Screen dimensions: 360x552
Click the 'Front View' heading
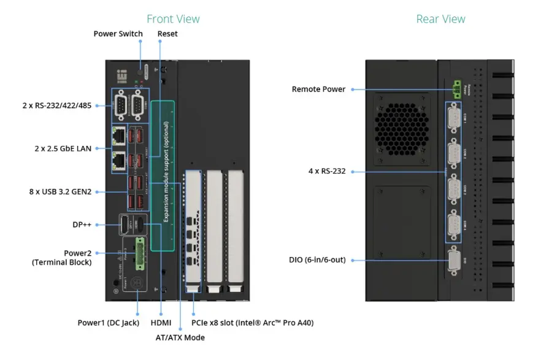pos(173,19)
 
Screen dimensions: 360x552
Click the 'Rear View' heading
pos(440,19)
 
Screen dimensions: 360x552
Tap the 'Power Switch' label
pos(118,34)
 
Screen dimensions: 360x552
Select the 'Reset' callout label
pos(167,34)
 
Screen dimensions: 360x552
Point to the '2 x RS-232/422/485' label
pos(56,105)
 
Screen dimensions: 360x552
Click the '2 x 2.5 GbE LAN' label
pos(63,148)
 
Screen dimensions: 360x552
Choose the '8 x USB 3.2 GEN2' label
pos(60,192)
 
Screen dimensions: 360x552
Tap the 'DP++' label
pos(82,225)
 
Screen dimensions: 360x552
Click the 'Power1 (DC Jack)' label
pos(108,323)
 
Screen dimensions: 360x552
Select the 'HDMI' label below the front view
pos(161,323)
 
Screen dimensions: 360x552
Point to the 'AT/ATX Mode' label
pos(180,337)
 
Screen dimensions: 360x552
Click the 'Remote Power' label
pos(318,90)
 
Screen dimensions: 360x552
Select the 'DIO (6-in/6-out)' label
pos(317,260)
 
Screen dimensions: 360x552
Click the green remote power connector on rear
pos(456,89)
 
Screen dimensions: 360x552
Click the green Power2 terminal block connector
pos(140,251)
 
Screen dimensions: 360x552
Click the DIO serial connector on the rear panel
pos(454,260)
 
